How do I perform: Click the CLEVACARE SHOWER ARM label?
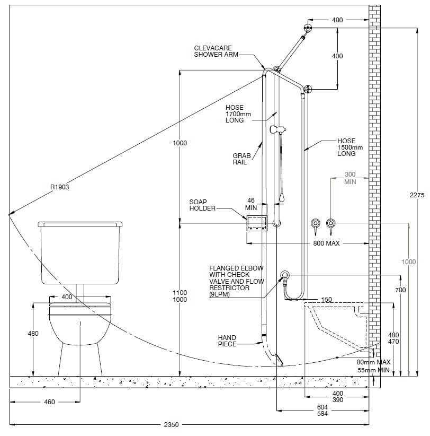(216, 51)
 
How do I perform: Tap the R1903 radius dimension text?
(59, 187)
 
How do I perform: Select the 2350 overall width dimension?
(171, 425)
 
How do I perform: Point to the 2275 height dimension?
(417, 195)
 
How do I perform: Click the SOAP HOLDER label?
(202, 205)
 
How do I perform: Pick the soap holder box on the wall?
(257, 223)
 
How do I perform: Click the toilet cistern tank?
(80, 253)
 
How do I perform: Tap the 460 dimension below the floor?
(49, 402)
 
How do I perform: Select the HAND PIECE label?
(227, 341)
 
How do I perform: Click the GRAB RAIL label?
(241, 159)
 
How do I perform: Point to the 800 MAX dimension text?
(326, 243)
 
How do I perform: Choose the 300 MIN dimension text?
(350, 178)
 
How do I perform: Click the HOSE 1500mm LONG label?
(350, 147)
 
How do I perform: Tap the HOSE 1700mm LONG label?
(238, 114)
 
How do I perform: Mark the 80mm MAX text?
(373, 362)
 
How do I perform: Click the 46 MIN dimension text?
(251, 204)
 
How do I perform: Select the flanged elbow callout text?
(236, 281)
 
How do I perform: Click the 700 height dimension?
(400, 290)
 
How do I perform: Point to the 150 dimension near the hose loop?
(326, 300)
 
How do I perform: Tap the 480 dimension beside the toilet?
(33, 334)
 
